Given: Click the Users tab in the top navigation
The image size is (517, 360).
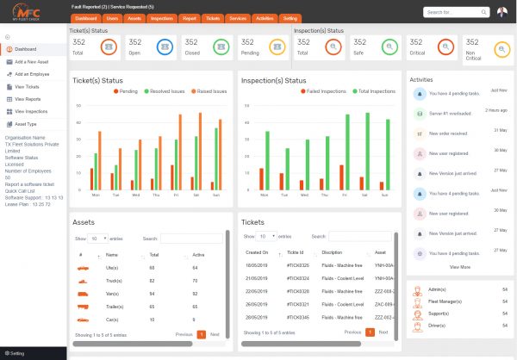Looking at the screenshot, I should [x=112, y=16].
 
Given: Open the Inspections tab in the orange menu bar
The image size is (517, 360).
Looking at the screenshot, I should [x=161, y=16].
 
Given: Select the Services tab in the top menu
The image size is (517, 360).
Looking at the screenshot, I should [x=239, y=16].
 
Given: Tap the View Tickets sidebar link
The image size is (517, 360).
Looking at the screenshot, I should [x=28, y=87].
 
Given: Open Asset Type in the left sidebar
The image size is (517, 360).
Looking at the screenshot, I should [x=26, y=124].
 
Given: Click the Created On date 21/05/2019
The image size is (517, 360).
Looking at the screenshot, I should [x=258, y=280].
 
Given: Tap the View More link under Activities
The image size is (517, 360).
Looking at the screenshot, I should [x=460, y=267].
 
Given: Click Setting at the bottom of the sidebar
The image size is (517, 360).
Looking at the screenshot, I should [x=18, y=353].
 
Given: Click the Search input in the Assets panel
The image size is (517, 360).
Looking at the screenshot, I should [x=190, y=238].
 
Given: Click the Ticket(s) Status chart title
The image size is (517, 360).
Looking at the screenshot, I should [x=112, y=80].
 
